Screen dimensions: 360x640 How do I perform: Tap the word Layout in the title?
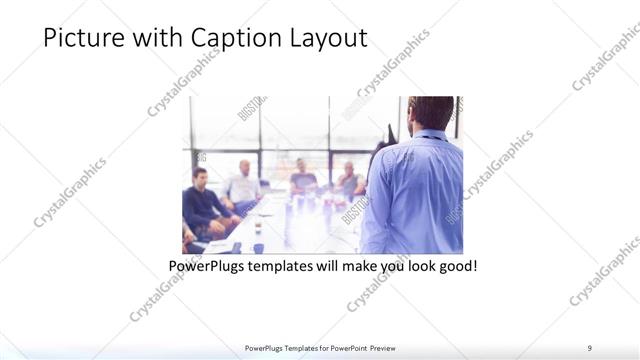(x=329, y=39)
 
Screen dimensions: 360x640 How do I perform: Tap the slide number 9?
(x=590, y=347)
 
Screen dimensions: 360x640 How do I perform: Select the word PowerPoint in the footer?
(x=343, y=347)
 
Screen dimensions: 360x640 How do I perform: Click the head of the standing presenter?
(x=432, y=112)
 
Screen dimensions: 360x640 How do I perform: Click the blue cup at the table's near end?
(x=257, y=247)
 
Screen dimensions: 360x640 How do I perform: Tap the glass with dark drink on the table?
(x=257, y=227)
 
